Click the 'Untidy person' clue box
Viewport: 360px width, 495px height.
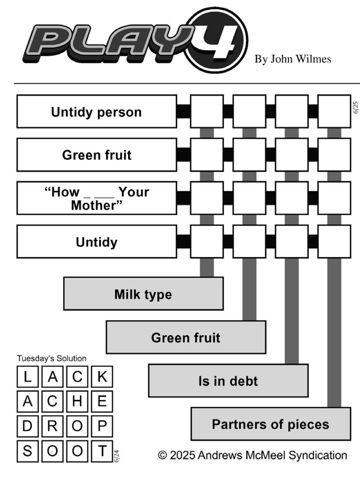[96, 112]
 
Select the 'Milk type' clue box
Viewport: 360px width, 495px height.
[144, 294]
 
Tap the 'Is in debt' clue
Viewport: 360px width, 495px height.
[228, 381]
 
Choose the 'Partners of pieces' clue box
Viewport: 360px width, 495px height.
[271, 424]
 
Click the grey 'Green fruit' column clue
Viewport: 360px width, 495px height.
[186, 337]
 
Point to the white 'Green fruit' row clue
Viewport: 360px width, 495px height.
[96, 155]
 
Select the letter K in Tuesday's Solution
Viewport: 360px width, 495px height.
[102, 377]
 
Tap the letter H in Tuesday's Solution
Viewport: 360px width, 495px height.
[77, 401]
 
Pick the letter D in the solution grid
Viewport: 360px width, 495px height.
[28, 426]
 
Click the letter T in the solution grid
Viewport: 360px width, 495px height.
[102, 451]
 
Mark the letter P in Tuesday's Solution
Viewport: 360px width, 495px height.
[102, 426]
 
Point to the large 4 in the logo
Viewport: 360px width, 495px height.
[218, 41]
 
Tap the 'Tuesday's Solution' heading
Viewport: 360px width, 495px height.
[51, 358]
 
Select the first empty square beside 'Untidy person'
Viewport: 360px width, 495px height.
[207, 112]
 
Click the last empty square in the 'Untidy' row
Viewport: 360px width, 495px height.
[334, 241]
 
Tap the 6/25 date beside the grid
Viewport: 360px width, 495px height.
[356, 107]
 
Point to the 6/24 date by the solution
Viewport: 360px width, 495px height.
[116, 456]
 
